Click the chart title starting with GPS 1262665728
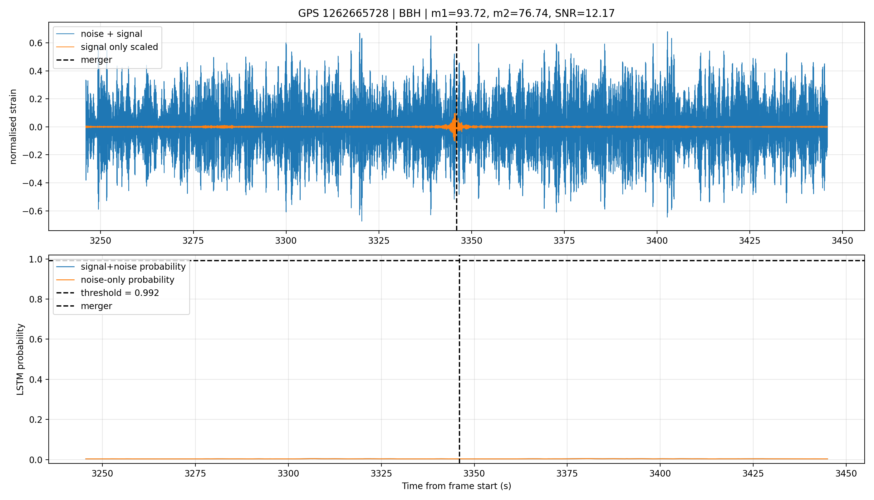456,13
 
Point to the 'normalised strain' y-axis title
13,127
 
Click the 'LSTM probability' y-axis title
20,359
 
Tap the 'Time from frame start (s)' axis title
457,486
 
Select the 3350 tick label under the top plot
471,241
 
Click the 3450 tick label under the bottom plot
846,473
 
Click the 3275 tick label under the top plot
193,241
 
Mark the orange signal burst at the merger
455,127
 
